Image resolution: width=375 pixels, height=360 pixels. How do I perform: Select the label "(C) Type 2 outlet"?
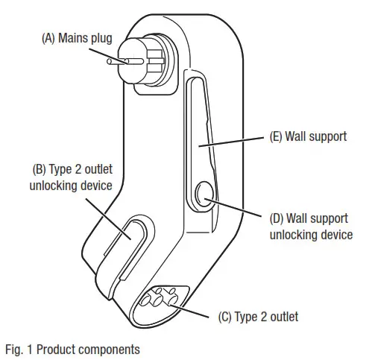(258, 317)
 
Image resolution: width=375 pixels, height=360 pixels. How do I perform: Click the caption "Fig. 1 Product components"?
(71, 347)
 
